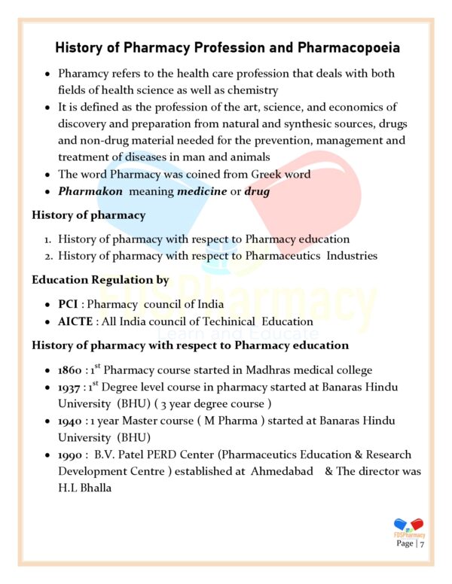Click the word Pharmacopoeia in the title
[x=349, y=48]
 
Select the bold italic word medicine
[x=202, y=191]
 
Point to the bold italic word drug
[x=257, y=191]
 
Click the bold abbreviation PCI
[x=68, y=304]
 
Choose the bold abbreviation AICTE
[x=75, y=321]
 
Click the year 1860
[x=70, y=370]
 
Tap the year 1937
[x=70, y=388]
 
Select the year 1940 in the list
[x=71, y=421]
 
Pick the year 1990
[x=71, y=455]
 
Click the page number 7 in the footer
[x=423, y=544]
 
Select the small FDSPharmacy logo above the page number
[x=409, y=527]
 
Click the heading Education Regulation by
[x=99, y=280]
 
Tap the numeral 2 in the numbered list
[x=46, y=256]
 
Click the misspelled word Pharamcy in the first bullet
[x=87, y=74]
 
